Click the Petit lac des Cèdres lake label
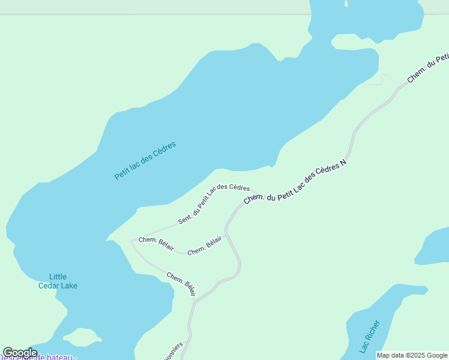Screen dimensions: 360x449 click(x=145, y=161)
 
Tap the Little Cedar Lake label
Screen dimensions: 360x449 click(x=58, y=281)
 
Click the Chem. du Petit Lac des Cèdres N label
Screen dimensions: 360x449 click(x=295, y=181)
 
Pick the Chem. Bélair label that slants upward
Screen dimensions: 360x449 click(x=205, y=246)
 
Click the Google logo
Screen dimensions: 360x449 click(x=20, y=352)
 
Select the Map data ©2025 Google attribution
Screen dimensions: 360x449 click(x=412, y=355)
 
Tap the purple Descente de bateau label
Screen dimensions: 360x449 click(x=38, y=358)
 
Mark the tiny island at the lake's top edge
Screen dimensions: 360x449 click(x=346, y=4)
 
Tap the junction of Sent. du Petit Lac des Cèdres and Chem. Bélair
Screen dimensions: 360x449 click(x=133, y=241)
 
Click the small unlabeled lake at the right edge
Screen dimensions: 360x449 click(x=433, y=246)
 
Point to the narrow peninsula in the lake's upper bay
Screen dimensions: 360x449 click(x=354, y=43)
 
